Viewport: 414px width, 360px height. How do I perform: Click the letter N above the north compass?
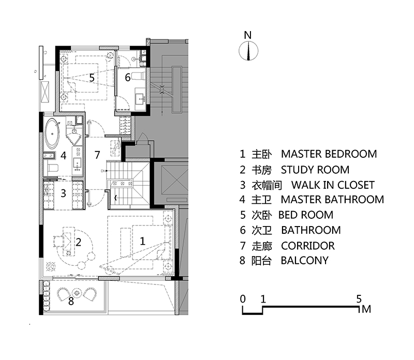pos(248,35)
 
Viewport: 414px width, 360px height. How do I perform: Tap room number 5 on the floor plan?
pos(92,78)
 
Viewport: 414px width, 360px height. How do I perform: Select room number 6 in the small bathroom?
pos(127,78)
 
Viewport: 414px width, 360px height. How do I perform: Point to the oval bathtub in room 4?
pos(52,133)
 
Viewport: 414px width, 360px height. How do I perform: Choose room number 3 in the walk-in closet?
pos(63,193)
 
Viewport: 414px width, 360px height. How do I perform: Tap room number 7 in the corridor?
pos(97,155)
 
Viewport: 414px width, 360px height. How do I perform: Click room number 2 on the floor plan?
pos(78,242)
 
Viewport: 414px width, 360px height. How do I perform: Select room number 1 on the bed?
pos(142,241)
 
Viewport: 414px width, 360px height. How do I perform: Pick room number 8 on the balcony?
pos(71,301)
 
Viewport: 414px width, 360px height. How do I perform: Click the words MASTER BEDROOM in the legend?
pos(329,154)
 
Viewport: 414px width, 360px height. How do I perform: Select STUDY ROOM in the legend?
pos(315,170)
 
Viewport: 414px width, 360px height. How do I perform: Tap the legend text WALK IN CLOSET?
pos(333,185)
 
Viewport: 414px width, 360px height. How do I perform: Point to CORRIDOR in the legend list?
pos(308,246)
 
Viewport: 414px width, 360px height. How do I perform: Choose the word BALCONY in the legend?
pos(304,261)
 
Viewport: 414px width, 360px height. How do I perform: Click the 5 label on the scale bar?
pos(359,299)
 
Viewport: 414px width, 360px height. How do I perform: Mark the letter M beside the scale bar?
pos(366,309)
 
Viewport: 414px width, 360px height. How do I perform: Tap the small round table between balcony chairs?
pos(77,293)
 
